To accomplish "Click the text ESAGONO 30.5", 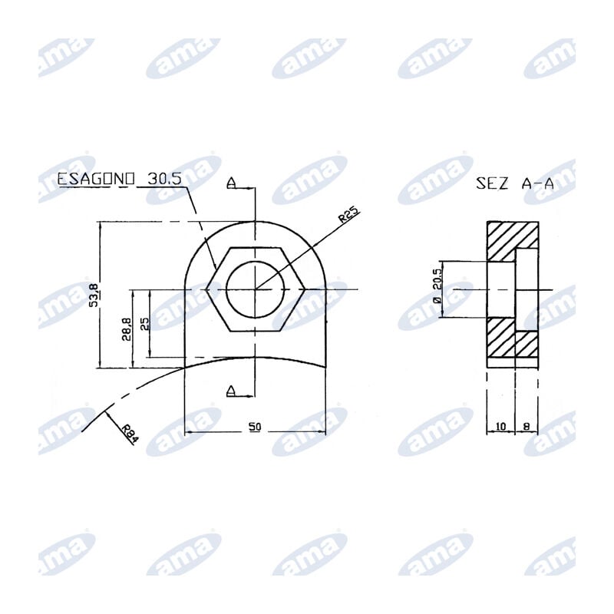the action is coord(120,179).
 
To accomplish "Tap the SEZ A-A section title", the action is coord(515,183).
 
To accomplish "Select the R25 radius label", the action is coord(348,215).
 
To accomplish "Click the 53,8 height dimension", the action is coord(94,295).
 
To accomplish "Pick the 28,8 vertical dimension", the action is coord(127,329).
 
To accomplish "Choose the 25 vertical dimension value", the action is coord(144,323).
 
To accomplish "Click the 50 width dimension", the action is coord(255,426).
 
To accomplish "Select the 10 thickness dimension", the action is coord(500,427).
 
